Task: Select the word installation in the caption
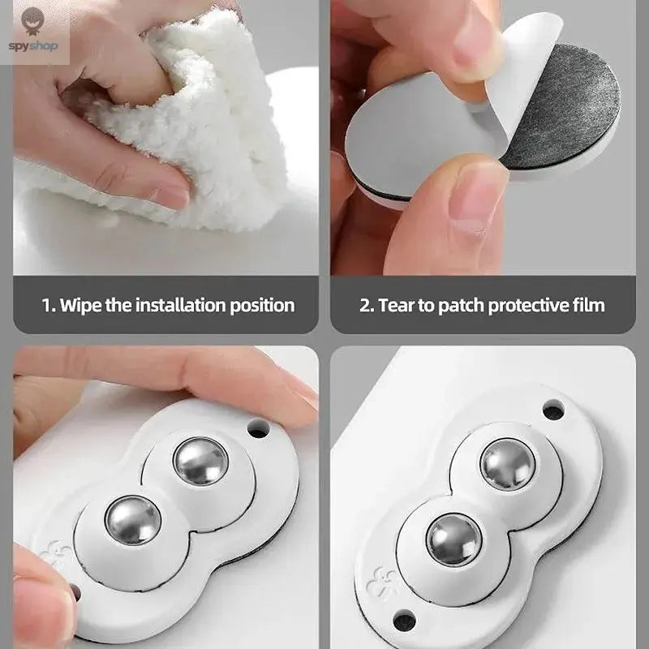176,305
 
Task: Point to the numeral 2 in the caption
364,305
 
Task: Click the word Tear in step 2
396,305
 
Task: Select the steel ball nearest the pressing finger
199,460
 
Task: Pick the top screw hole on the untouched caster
554,410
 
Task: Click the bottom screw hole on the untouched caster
403,621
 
